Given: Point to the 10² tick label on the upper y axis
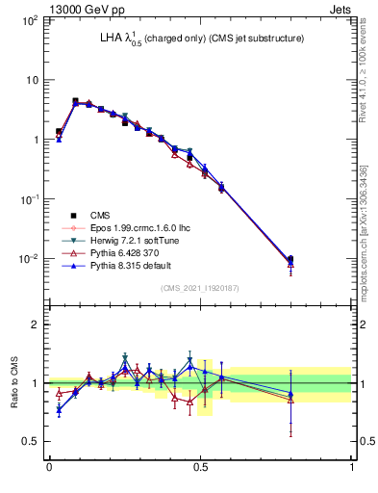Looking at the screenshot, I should click(31, 20).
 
